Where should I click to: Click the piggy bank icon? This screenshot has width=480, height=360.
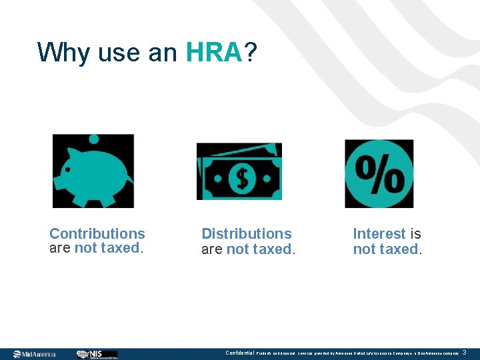coord(93,171)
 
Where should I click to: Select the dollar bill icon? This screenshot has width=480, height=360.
coord(239,172)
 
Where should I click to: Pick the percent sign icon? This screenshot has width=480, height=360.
coord(379,173)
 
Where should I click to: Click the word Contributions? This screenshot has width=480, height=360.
coord(97,233)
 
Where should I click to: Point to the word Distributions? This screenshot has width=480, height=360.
coord(247,233)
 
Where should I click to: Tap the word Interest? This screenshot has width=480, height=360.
coord(379,233)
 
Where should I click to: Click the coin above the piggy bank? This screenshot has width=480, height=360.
coord(94,139)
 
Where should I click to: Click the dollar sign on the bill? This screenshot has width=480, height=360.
coord(239,178)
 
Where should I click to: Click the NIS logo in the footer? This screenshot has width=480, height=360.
coord(97,354)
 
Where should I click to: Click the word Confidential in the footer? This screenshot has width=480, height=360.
coord(239,353)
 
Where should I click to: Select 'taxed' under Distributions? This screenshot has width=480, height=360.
coord(272,249)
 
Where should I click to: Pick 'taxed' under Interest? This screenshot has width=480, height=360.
coord(399,249)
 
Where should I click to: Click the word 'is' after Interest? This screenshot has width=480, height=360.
coord(415,233)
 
